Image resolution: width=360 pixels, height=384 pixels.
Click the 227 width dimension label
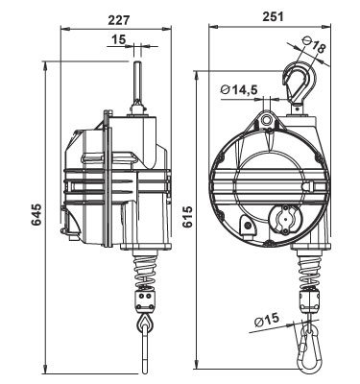point(119,20)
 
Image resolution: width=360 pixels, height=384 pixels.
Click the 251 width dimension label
point(273,16)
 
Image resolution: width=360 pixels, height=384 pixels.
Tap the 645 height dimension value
point(36,214)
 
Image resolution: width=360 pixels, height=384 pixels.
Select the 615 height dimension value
point(187,216)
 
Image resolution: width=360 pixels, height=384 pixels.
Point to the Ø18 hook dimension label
point(315,45)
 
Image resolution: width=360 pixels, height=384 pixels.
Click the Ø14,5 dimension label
point(239,90)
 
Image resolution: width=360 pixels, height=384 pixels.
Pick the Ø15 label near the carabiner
point(267,320)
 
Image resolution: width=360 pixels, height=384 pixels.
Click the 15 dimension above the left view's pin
point(118,39)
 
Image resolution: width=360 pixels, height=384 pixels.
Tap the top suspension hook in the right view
point(300,84)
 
